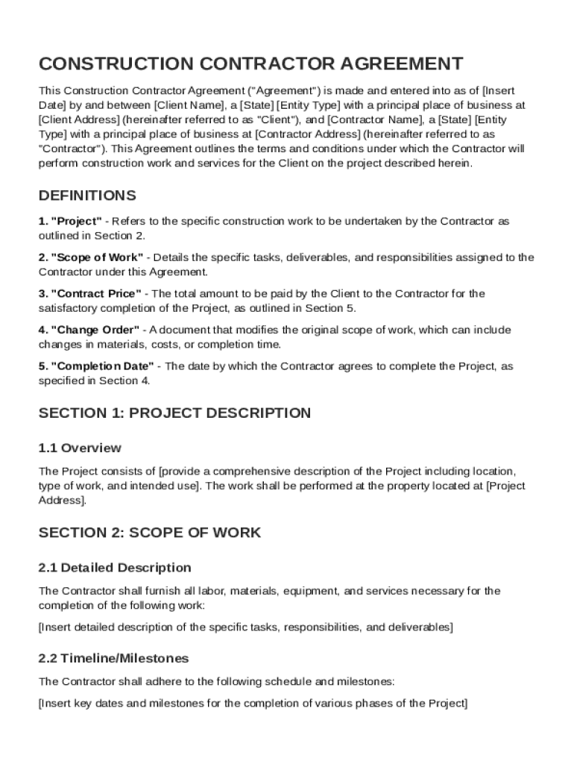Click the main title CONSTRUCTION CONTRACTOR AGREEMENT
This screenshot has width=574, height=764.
(250, 63)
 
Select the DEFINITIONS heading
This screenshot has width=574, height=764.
(87, 195)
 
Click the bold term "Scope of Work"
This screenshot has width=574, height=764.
(97, 257)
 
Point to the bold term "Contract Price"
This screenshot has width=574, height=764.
(95, 294)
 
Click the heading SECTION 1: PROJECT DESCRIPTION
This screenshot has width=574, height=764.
(174, 413)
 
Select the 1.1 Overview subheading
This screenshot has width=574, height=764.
(80, 448)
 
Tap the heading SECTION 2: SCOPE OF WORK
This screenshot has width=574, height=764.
(150, 532)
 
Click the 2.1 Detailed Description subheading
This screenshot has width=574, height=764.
(115, 568)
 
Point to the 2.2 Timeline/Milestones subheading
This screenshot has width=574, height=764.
(113, 658)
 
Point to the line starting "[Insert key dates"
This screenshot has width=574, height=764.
(253, 703)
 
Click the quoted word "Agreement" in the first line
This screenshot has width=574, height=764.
(290, 91)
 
